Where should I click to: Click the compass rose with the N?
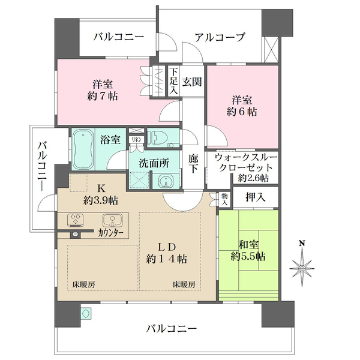303,265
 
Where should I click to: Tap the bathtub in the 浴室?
85,149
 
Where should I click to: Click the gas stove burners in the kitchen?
76,220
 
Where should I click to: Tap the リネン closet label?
136,139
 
